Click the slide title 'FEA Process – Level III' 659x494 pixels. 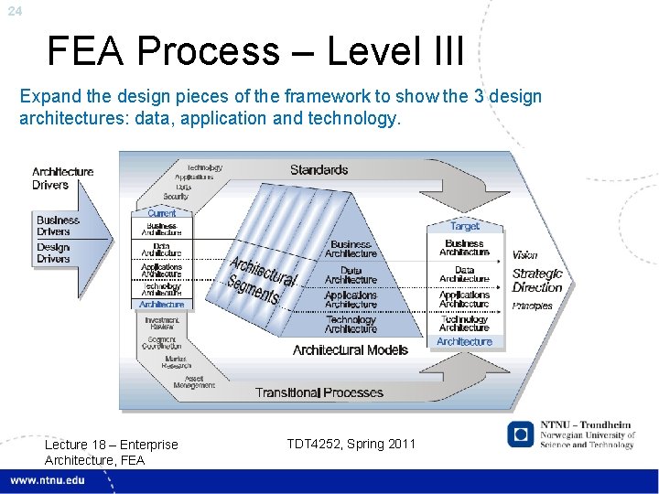click(255, 52)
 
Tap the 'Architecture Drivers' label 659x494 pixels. click(62, 178)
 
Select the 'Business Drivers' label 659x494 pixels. click(59, 226)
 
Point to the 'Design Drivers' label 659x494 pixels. click(54, 253)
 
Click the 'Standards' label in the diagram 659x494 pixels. click(319, 170)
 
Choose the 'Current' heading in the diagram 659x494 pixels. click(162, 213)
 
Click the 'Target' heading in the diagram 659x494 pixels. click(464, 226)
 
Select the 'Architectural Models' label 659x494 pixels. click(351, 350)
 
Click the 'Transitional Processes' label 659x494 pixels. click(319, 392)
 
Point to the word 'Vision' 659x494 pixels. click(525, 255)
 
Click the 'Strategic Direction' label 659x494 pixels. click(537, 280)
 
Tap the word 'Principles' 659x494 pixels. click(533, 306)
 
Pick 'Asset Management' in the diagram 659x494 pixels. click(194, 382)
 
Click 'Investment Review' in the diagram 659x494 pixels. click(162, 324)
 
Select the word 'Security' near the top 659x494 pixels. click(176, 197)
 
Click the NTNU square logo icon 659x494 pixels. click(521, 434)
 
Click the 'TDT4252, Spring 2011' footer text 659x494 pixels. click(351, 444)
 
